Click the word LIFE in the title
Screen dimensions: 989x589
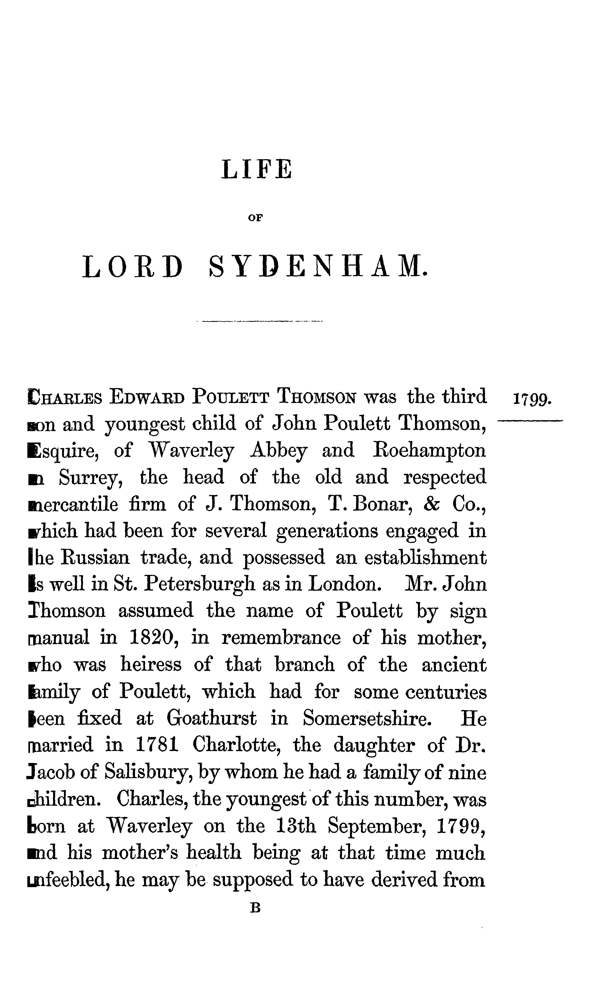[x=256, y=170]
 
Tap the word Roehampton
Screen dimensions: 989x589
[x=430, y=451]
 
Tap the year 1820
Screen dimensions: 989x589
[x=153, y=638]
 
